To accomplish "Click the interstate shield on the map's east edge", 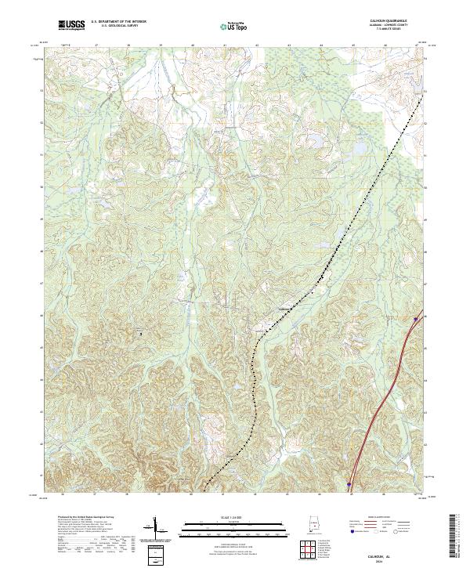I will click(x=415, y=318).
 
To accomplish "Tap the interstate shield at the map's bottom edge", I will click(x=349, y=486).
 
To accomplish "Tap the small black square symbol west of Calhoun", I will click(x=141, y=334).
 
